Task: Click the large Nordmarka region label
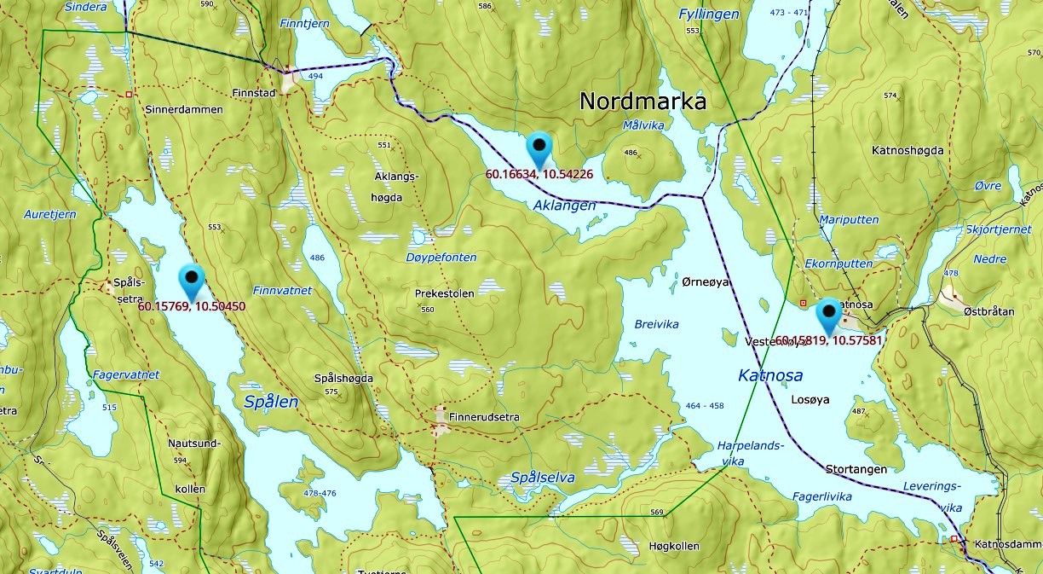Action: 643,101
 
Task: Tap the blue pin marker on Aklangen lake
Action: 539,150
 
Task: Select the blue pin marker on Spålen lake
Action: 192,281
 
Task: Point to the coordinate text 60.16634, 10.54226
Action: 539,174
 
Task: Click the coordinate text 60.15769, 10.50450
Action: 191,306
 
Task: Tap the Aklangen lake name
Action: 564,206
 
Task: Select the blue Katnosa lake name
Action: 770,375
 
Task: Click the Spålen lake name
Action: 271,402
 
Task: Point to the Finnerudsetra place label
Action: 483,418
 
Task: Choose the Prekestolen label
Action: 444,293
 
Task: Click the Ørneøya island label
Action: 706,282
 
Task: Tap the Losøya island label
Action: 810,399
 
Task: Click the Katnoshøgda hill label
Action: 908,151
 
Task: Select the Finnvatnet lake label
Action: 282,291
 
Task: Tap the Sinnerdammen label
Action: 183,110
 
